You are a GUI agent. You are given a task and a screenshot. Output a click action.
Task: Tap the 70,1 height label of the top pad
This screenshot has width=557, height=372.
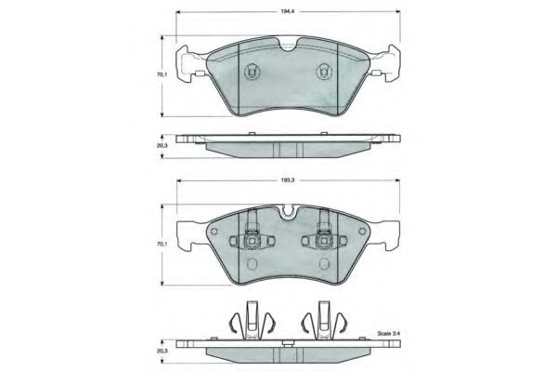tap(162, 75)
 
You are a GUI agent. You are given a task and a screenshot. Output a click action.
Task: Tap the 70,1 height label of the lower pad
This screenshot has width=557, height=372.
tap(162, 245)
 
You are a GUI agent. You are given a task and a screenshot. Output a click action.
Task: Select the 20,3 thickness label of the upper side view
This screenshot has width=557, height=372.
tap(162, 145)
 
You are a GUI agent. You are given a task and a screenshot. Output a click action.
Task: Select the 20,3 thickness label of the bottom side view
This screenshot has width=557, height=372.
tap(162, 351)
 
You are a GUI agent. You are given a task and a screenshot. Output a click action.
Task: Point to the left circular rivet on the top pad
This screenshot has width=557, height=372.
tap(252, 72)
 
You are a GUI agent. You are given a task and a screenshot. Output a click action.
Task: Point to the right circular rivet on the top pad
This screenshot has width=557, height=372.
tap(324, 72)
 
